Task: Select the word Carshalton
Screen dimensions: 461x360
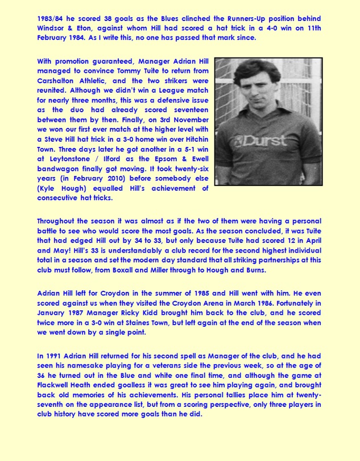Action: point(59,80)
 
